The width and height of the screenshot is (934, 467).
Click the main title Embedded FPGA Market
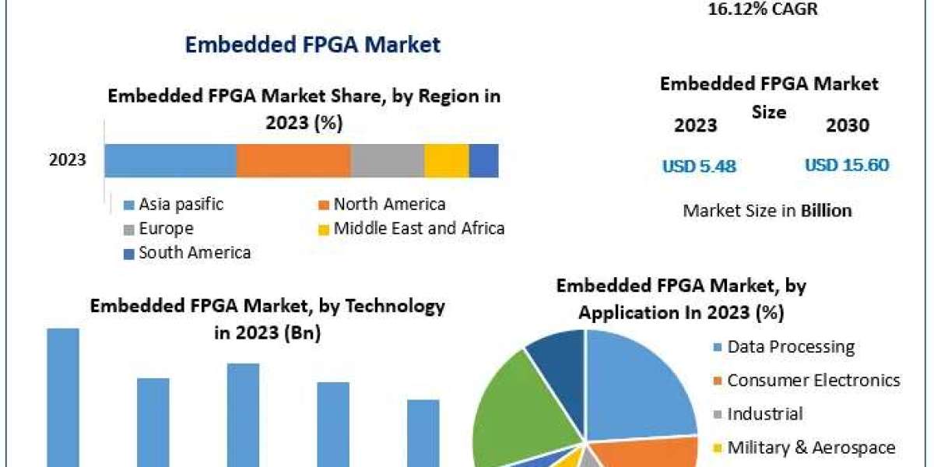(312, 44)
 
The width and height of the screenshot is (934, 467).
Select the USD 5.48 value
(699, 166)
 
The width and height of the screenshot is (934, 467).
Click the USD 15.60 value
(847, 165)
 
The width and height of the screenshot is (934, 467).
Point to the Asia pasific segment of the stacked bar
(170, 161)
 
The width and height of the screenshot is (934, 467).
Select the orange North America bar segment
(293, 161)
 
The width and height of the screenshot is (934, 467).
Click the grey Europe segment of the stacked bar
(387, 161)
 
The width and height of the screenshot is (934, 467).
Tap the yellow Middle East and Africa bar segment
(446, 161)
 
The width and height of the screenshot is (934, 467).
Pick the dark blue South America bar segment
(483, 161)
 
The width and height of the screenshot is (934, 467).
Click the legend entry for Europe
(166, 229)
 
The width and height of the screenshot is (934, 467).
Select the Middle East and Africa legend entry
(419, 229)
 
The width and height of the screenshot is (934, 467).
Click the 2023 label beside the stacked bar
(68, 161)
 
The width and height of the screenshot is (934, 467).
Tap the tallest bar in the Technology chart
(63, 397)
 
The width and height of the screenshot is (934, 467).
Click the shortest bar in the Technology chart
(423, 433)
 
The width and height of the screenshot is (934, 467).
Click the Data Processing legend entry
(790, 347)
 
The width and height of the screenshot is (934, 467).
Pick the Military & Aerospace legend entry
(811, 448)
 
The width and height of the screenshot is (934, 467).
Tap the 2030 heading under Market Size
(847, 125)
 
